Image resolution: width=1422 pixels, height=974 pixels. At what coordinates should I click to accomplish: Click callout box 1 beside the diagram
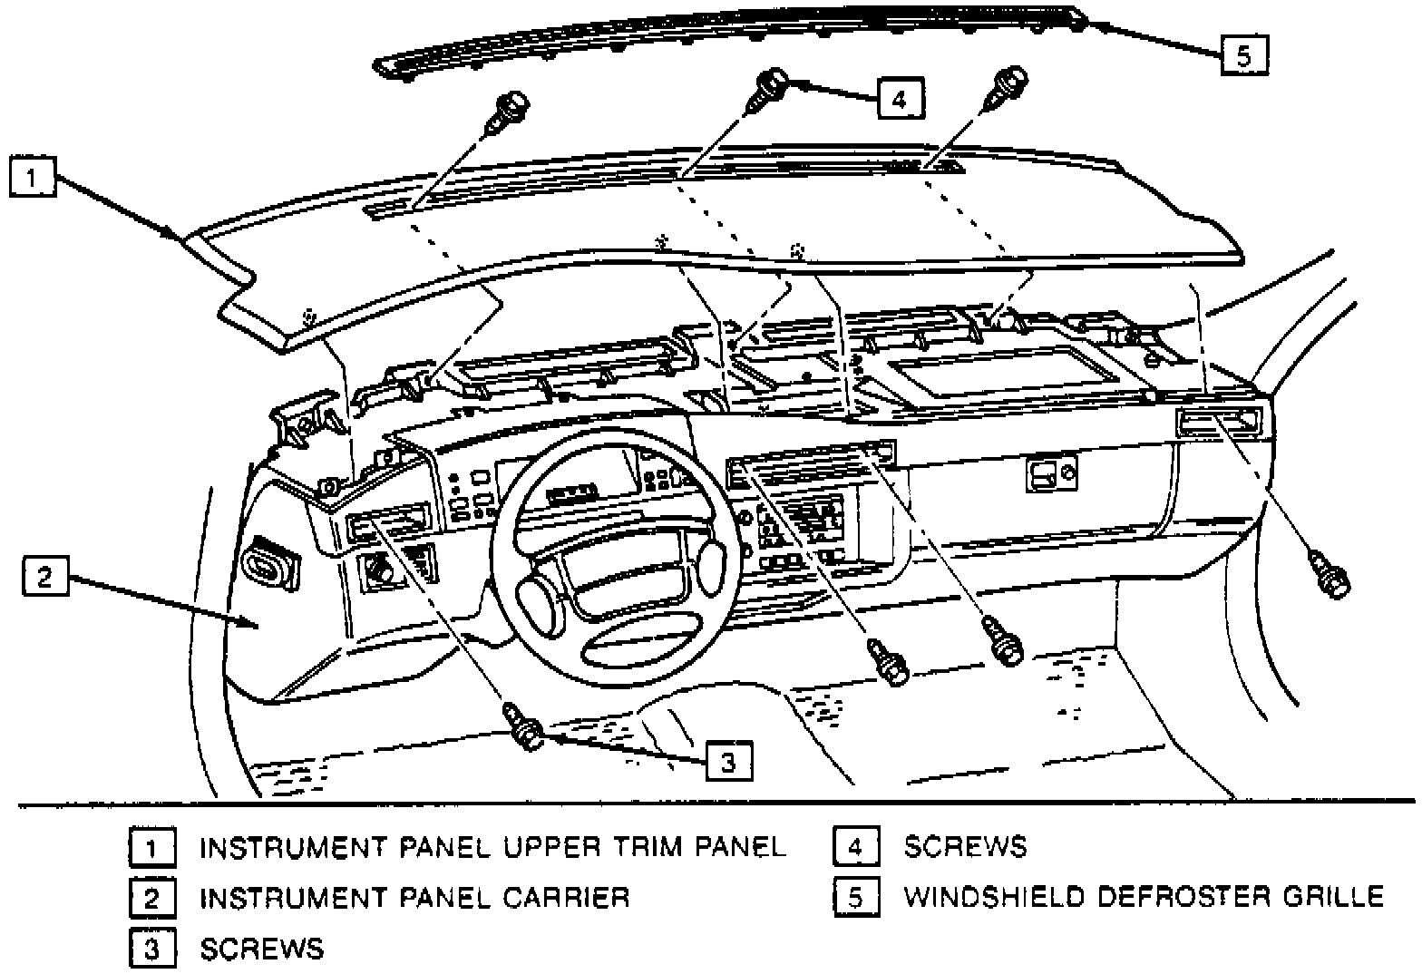pos(33,177)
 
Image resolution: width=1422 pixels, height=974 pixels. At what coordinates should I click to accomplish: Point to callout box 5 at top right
pos(1243,55)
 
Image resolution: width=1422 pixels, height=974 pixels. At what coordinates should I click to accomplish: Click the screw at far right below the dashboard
pos(1329,576)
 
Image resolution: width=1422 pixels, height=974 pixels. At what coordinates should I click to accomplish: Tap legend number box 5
pos(856,897)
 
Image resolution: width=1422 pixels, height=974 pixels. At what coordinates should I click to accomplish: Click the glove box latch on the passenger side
pos(1050,472)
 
